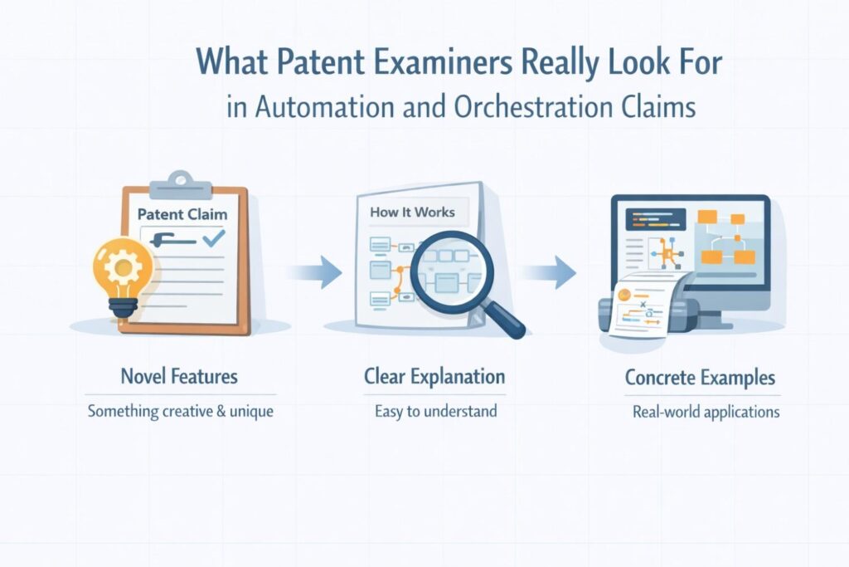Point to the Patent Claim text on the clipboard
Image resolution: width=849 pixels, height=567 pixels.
coord(182,214)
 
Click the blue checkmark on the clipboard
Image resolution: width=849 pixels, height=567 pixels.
coord(213,240)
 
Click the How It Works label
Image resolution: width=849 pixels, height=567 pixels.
coord(412,212)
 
